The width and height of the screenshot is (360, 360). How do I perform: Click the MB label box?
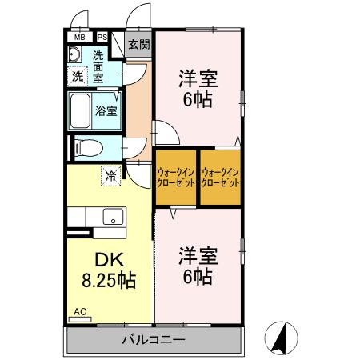(x=79, y=37)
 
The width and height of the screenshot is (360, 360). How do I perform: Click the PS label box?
(x=102, y=37)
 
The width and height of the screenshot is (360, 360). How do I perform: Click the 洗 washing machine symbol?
(x=78, y=77)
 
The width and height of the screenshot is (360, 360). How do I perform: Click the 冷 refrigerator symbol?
(x=108, y=174)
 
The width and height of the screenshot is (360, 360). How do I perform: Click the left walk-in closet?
(x=175, y=177)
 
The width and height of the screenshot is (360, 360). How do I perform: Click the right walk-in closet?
(x=221, y=177)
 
